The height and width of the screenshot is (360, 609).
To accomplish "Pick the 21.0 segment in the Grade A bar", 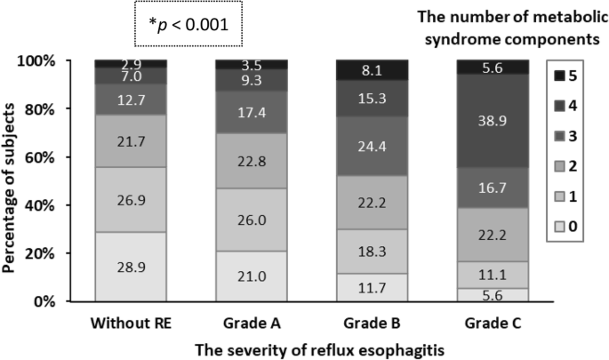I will click(251, 276).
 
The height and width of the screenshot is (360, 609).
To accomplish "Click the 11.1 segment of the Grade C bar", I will click(492, 275).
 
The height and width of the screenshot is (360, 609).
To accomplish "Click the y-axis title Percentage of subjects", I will click(13, 182).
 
